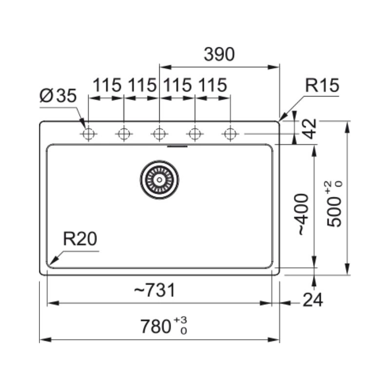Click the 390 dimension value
pos(219,55)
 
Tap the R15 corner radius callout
pos(322,86)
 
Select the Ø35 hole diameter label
pos(58,97)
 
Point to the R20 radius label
pos(80,239)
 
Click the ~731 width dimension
pos(154,291)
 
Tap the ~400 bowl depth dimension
pos(303,214)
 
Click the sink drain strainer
pos(159,179)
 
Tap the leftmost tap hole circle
pos(88,133)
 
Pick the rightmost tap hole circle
pos(230,133)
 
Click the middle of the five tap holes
pos(159,133)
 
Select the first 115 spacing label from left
pos(107,86)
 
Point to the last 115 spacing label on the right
pos(213,86)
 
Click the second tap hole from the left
pos(124,133)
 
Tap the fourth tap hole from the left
pos(195,133)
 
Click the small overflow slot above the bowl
pos(176,145)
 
